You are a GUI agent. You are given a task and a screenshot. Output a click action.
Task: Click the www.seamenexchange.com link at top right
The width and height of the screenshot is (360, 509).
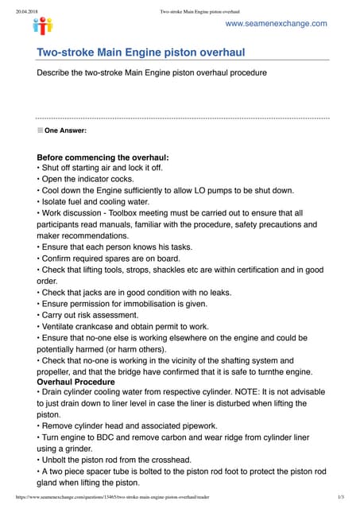tap(276, 24)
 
